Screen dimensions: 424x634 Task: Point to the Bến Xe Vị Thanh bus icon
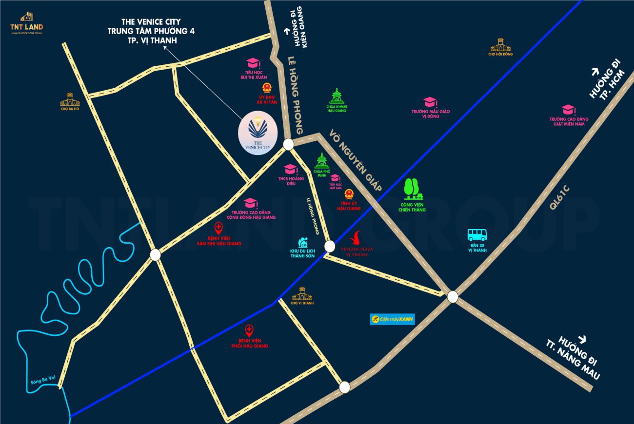coord(477,235)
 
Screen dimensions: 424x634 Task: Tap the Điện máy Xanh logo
coord(392,319)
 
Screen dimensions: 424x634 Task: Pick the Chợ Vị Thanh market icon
coord(302,294)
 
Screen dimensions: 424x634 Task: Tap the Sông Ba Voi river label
coord(41,383)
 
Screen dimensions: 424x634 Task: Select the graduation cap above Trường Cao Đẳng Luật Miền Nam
coord(567,110)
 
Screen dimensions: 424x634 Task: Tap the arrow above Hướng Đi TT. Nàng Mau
coord(581,339)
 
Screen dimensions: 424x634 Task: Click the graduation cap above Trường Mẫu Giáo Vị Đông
coord(430,102)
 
